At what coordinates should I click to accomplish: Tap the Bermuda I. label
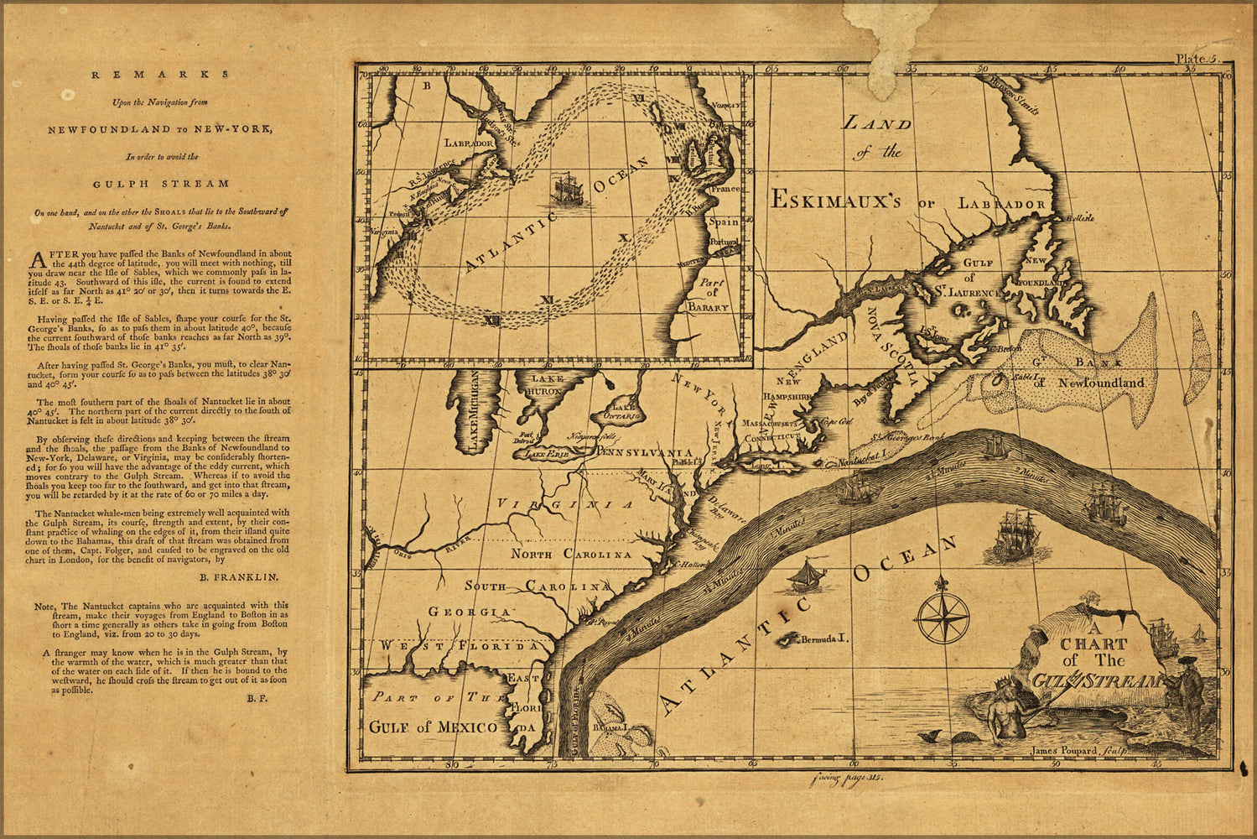823,639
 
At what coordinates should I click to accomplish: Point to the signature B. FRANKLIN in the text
239,577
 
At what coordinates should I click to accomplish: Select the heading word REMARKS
159,74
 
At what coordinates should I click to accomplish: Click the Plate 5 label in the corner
1200,59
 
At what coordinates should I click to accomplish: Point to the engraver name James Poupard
1062,751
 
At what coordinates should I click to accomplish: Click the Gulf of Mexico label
433,727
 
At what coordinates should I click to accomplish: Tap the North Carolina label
570,555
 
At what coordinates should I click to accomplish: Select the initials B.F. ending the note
257,698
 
